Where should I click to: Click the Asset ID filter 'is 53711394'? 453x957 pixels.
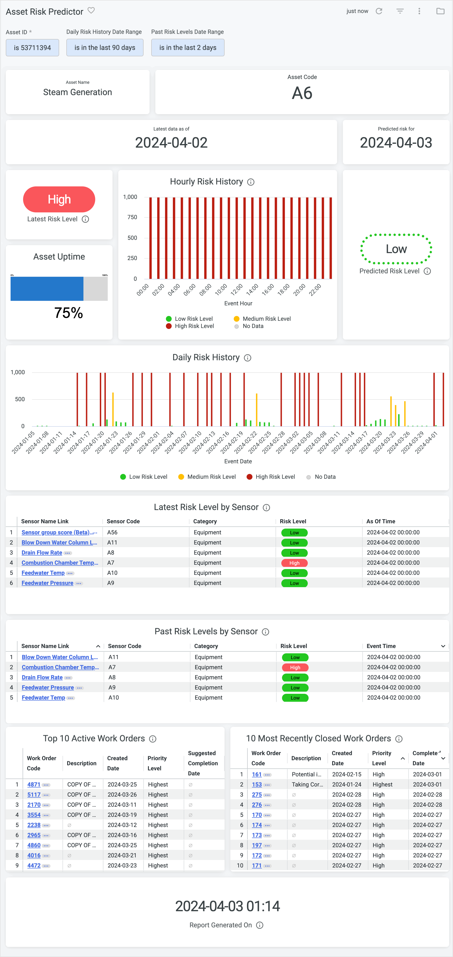pos(32,47)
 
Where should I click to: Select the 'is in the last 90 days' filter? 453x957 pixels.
pos(105,47)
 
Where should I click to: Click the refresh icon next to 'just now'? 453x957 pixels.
pos(379,11)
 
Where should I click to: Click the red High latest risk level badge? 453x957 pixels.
pos(59,199)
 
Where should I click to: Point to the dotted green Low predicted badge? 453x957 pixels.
pos(396,249)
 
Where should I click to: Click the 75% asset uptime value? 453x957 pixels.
pos(68,313)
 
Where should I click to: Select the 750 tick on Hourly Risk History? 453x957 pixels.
pos(132,217)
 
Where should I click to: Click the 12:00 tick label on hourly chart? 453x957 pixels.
pos(236,289)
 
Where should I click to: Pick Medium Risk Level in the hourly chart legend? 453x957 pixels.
pos(266,319)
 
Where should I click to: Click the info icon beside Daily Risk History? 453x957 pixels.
pos(247,358)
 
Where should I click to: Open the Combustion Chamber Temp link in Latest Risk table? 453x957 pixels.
pos(59,563)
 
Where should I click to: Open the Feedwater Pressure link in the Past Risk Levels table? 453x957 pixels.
pos(48,688)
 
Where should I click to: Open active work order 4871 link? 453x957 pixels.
pos(34,785)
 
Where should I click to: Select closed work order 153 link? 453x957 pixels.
pos(257,785)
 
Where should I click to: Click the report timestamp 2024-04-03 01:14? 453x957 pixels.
pos(227,906)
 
